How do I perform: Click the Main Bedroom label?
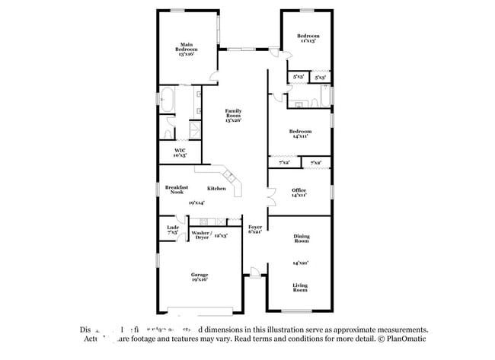[x=186, y=49]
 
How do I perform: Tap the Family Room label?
[x=233, y=115]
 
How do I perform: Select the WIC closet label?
[x=180, y=152]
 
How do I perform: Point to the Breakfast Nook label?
[x=178, y=190]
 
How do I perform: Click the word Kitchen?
[x=216, y=188]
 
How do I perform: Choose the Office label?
[x=299, y=193]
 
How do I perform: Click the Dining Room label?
[x=302, y=238]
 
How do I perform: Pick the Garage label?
[x=200, y=276]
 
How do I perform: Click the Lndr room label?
[x=172, y=229]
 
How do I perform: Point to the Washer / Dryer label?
[x=201, y=235]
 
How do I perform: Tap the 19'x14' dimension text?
[x=196, y=202]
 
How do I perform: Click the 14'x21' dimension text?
[x=301, y=263]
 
